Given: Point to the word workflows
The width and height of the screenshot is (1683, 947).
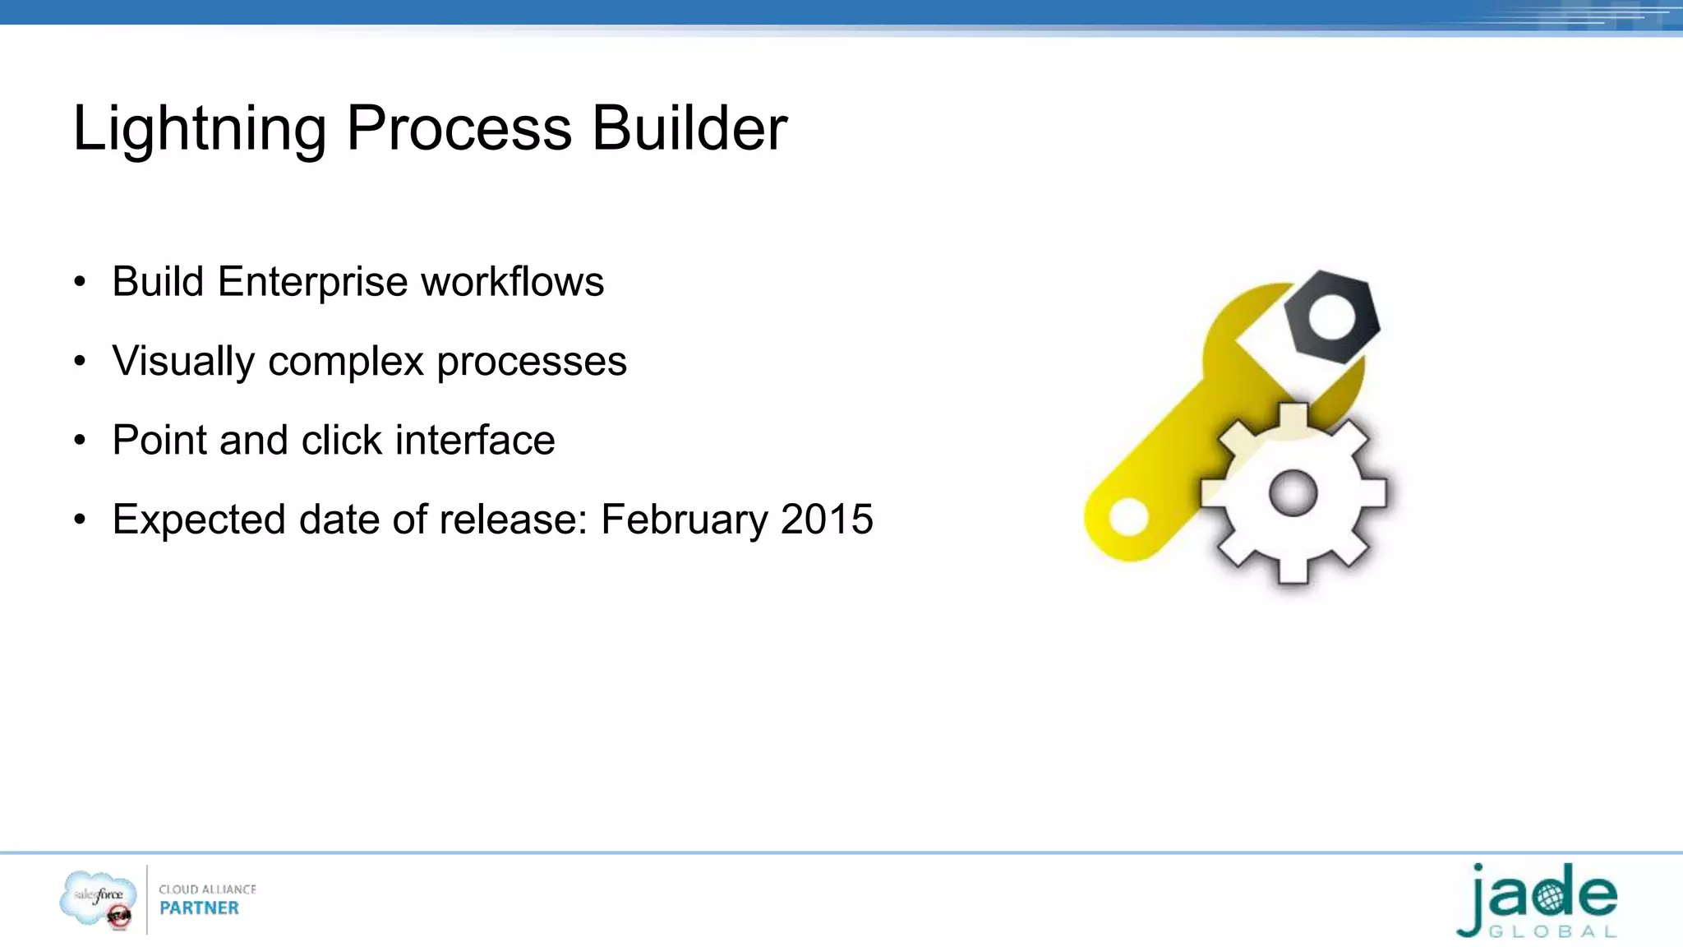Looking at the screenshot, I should tap(512, 282).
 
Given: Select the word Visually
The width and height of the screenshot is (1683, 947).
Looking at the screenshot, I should tap(183, 362).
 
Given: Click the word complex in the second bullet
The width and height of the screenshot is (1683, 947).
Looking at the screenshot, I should tap(346, 362).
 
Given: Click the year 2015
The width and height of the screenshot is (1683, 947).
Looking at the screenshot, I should tap(827, 520).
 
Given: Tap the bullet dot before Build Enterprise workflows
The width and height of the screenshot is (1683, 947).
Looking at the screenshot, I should tap(80, 283).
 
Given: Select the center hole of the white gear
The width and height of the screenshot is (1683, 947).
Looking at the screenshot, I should tap(1293, 493).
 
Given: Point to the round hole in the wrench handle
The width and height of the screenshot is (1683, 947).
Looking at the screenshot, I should tap(1128, 517).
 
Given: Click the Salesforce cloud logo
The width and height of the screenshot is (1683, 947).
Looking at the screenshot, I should tap(98, 898).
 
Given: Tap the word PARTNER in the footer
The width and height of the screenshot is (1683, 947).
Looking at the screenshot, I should tap(199, 908).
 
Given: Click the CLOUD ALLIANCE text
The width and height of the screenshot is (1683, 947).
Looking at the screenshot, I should tap(207, 889).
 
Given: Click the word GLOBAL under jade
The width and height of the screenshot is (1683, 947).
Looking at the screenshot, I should tap(1552, 932).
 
